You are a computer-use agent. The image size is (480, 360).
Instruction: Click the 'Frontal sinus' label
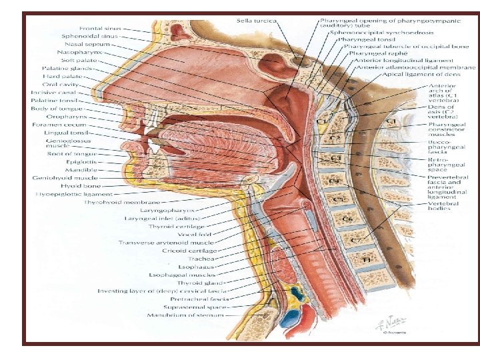(101, 28)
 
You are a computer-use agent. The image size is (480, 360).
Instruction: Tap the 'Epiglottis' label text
(81, 161)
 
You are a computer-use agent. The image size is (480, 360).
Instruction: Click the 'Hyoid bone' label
(79, 185)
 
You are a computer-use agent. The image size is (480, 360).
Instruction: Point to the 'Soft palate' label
(81, 60)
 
